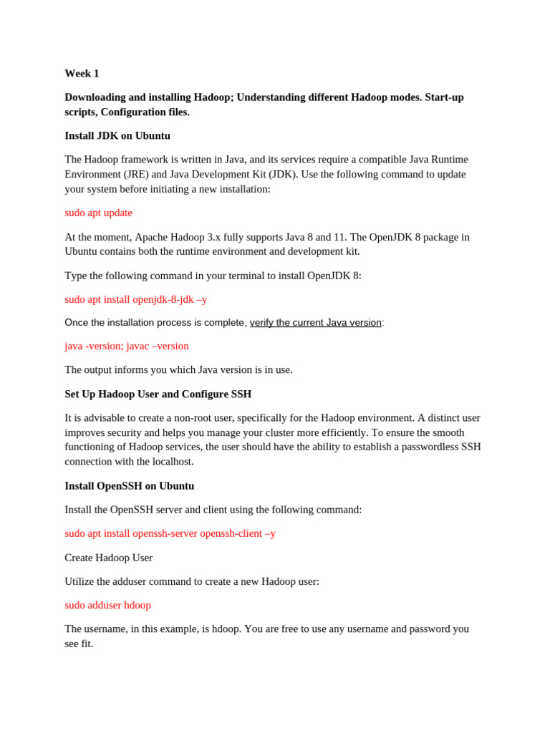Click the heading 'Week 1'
tap(82, 74)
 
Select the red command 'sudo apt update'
tap(98, 213)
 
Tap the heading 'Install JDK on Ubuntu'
tap(117, 136)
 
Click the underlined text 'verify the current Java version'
tap(315, 323)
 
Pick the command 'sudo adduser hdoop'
tap(107, 605)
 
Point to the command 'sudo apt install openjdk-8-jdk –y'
tap(135, 299)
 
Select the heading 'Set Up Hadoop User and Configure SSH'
tap(158, 394)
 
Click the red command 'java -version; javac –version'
tap(127, 346)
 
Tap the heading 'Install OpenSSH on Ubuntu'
tap(129, 486)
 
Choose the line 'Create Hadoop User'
tap(108, 558)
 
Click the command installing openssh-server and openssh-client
tap(170, 533)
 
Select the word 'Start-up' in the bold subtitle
tap(444, 97)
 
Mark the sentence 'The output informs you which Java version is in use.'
tap(178, 370)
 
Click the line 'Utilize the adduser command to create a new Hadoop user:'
tap(192, 581)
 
